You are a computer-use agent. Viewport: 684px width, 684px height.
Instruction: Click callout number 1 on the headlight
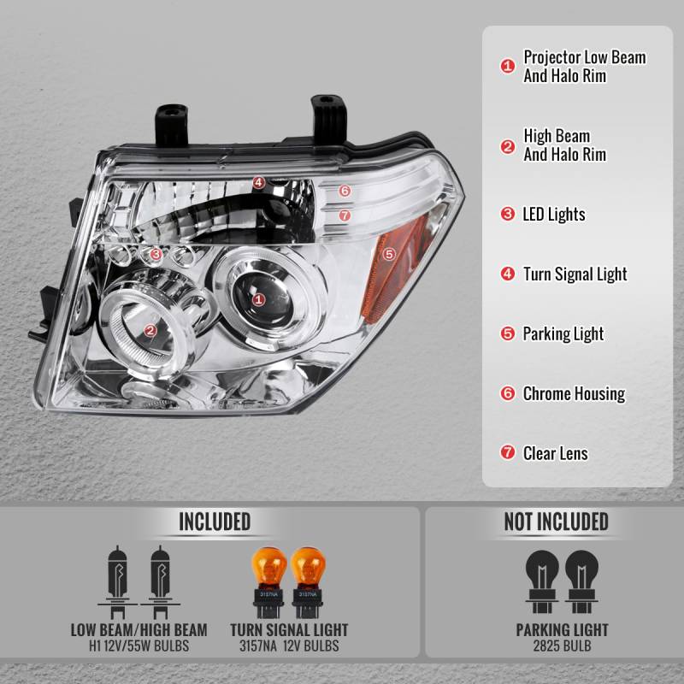coord(258,298)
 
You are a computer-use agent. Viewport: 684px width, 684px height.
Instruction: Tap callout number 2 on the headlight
coord(150,330)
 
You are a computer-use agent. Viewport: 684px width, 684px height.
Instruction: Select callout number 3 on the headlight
coord(156,254)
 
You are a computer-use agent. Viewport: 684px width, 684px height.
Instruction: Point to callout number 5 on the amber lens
coord(389,253)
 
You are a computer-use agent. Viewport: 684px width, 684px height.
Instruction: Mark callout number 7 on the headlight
coord(345,215)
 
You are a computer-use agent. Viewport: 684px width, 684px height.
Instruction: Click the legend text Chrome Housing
coord(574,394)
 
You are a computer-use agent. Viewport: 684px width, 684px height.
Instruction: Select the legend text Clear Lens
coord(556,454)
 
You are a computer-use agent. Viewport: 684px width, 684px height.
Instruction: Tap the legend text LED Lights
coord(554,215)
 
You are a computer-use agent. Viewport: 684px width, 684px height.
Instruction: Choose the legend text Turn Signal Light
coord(575,274)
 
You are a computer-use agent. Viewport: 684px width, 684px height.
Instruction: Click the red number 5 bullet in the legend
coord(507,334)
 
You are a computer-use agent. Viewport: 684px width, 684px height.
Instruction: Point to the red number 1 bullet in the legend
coord(507,66)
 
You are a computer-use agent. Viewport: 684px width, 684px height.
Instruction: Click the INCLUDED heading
coord(214,522)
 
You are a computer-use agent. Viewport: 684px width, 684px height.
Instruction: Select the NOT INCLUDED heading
coord(556,522)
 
